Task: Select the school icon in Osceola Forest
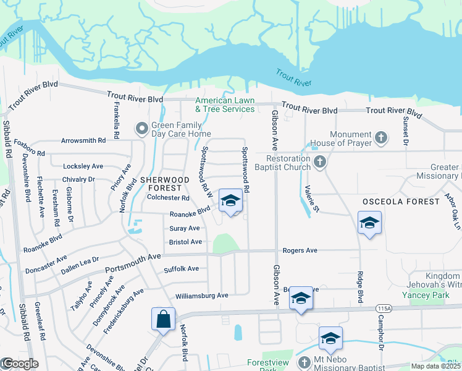[x=369, y=223]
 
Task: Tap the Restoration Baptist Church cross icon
[x=319, y=162]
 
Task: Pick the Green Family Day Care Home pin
[x=141, y=129]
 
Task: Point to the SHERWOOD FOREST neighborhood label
[x=161, y=183]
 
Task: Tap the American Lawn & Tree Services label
[x=225, y=104]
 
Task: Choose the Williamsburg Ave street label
[x=202, y=296]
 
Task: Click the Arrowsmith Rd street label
[x=83, y=141]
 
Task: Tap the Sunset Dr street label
[x=406, y=131]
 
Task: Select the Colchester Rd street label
[x=168, y=198]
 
